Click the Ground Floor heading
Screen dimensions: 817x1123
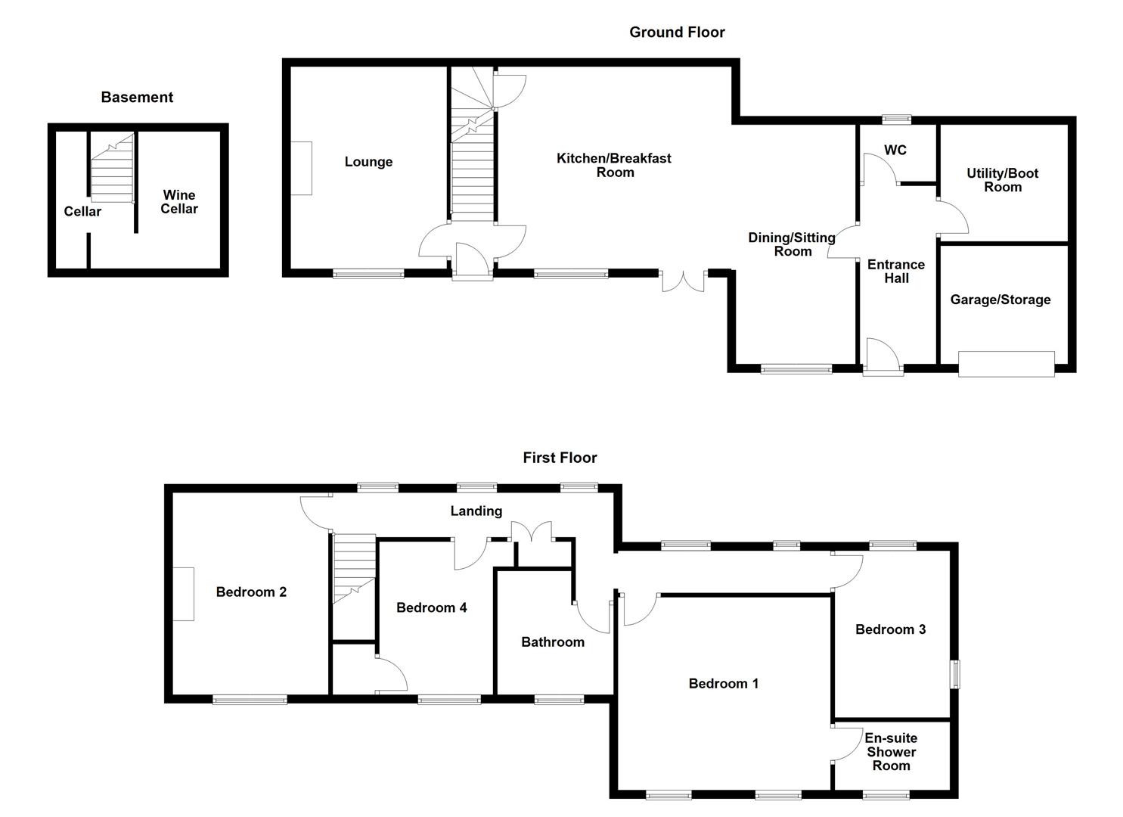pyautogui.click(x=677, y=32)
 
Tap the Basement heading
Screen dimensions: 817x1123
pyautogui.click(x=137, y=97)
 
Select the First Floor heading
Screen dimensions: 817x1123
pyautogui.click(x=560, y=458)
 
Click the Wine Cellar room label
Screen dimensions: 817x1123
pyautogui.click(x=179, y=202)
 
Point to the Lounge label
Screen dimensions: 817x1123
pyautogui.click(x=368, y=162)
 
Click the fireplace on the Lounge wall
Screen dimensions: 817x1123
pyautogui.click(x=301, y=168)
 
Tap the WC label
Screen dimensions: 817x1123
pyautogui.click(x=895, y=151)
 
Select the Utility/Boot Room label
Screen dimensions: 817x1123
pyautogui.click(x=1003, y=180)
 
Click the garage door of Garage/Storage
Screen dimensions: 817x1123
pyautogui.click(x=1006, y=364)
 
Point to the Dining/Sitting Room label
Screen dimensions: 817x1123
pyautogui.click(x=792, y=244)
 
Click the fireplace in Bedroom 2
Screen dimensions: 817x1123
pyautogui.click(x=183, y=594)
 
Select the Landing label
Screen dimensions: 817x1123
pyautogui.click(x=476, y=511)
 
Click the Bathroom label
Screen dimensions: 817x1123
pyautogui.click(x=553, y=642)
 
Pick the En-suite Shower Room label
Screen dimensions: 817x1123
pyautogui.click(x=891, y=752)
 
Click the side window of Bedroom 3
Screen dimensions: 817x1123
pyautogui.click(x=955, y=673)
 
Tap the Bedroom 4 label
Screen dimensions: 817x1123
pyautogui.click(x=431, y=607)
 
